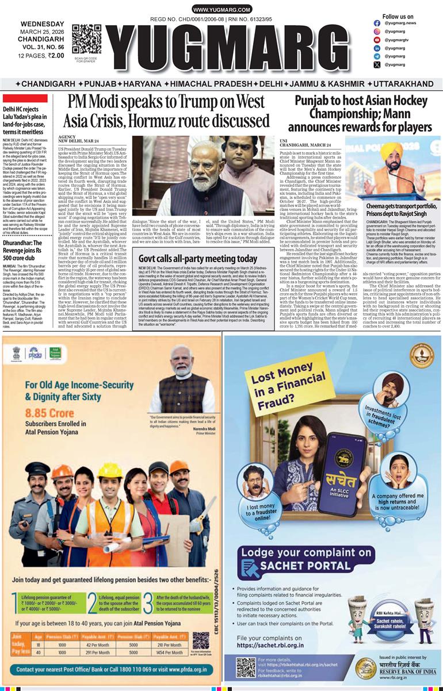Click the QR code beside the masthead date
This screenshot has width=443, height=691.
[x=86, y=39]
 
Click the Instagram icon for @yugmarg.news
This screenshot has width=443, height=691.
[x=377, y=31]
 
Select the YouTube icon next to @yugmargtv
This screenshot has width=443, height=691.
[x=377, y=40]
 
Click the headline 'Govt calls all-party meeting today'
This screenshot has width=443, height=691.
[x=197, y=258]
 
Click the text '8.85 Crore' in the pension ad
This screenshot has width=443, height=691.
[x=55, y=413]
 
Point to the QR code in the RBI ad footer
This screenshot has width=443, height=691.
[x=246, y=667]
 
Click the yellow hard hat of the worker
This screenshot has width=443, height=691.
[x=108, y=470]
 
